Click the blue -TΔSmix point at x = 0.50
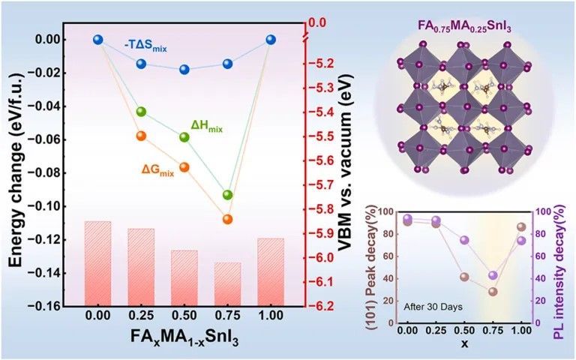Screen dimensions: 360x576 pyautogui.click(x=184, y=70)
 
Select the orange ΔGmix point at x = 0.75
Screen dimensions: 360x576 pyautogui.click(x=227, y=219)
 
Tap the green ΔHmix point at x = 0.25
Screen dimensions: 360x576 pyautogui.click(x=141, y=112)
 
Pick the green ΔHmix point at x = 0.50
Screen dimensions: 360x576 pyautogui.click(x=184, y=136)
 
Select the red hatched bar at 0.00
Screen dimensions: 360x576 pyautogui.click(x=97, y=263)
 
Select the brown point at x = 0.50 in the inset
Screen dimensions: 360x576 pyautogui.click(x=464, y=277)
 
